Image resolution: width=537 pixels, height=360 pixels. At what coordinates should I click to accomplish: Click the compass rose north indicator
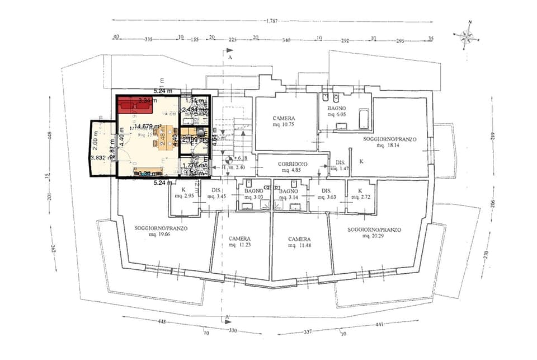tap(467, 36)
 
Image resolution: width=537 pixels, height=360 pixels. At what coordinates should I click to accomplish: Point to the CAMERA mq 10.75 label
tap(284, 121)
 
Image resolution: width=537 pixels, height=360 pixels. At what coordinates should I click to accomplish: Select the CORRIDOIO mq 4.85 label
tap(291, 166)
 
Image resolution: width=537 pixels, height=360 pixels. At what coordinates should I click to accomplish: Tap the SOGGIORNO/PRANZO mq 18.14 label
tap(389, 142)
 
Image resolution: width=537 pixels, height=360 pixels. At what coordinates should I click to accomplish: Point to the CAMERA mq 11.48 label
tap(299, 242)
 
